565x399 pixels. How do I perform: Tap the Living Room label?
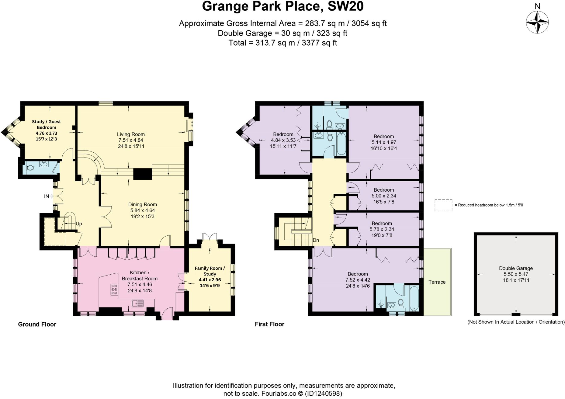(131, 134)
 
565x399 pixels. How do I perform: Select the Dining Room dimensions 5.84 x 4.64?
(142, 210)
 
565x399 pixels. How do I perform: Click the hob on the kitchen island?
(114, 290)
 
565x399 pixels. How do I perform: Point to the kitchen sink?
(138, 303)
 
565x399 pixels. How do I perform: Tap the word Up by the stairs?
(79, 224)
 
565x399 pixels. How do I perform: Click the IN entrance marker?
(47, 196)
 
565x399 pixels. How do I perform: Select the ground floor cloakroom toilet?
(30, 168)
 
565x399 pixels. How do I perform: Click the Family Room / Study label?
(210, 271)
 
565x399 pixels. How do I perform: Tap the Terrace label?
(437, 282)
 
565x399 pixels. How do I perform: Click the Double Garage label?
(516, 268)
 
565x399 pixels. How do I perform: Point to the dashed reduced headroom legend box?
(443, 205)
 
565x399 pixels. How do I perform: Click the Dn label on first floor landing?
(316, 240)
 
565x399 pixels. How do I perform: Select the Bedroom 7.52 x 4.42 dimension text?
(358, 280)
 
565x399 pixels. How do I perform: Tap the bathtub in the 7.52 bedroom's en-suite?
(414, 298)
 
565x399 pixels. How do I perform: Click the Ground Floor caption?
(37, 324)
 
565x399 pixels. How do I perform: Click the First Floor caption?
(269, 324)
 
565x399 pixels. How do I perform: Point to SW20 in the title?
(345, 6)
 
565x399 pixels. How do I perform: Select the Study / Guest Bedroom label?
(46, 124)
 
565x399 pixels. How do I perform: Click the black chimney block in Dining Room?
(142, 174)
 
